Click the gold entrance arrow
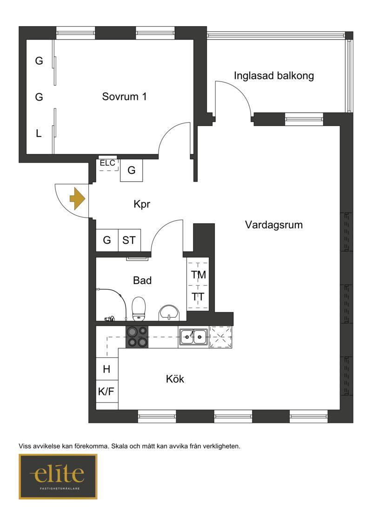77,198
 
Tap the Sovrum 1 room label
124,96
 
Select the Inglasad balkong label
274,75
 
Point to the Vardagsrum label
274,225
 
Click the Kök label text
175,379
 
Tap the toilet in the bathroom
139,308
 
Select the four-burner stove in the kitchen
137,337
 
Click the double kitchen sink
193,336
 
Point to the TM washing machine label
198,275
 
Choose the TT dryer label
198,297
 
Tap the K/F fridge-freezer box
107,391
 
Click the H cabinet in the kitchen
107,369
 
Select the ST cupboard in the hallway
129,240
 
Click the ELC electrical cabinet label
107,163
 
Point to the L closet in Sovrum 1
39,134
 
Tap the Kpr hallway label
142,204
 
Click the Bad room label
142,280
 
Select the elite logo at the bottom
58,476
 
